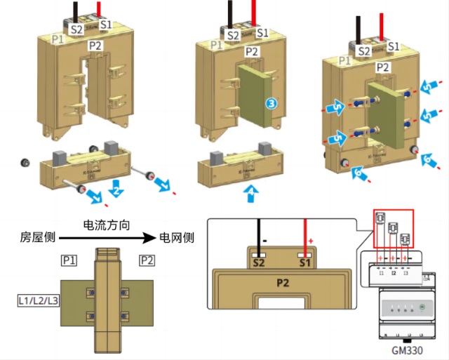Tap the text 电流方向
click(x=106, y=226)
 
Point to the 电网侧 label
click(x=177, y=238)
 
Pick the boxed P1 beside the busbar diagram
click(x=68, y=261)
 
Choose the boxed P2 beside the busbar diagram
click(x=147, y=261)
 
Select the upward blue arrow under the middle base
click(x=252, y=193)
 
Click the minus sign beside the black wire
click(x=266, y=241)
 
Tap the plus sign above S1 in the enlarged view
click(x=311, y=241)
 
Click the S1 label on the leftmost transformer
click(x=105, y=25)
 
